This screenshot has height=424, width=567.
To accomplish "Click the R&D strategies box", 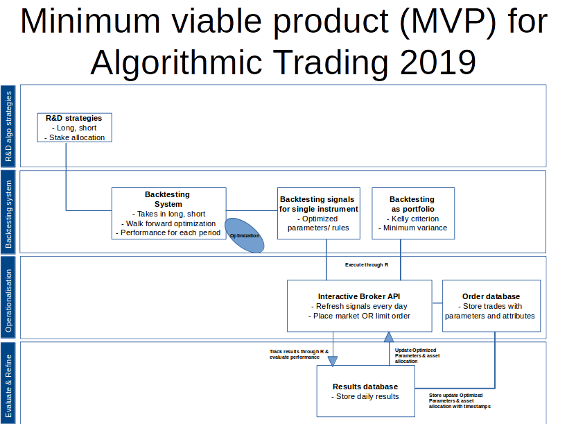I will click(74, 128).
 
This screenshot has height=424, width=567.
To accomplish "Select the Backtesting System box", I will click(168, 213).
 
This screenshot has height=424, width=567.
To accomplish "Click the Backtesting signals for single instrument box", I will click(318, 213).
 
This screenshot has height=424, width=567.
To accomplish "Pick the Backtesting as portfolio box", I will click(412, 213).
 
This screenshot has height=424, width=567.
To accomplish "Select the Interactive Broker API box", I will click(359, 305).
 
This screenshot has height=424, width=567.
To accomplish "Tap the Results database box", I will click(365, 391).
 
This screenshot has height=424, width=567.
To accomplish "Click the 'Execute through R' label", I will click(367, 265).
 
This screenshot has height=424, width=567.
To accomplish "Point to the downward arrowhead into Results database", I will click(333, 360).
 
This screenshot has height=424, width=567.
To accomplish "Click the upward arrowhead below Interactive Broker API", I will click(389, 337).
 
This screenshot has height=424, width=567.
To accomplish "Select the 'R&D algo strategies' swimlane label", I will click(9, 126).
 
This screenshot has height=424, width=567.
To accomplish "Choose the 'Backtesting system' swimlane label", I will click(9, 212).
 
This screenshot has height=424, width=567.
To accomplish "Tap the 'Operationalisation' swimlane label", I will click(9, 298).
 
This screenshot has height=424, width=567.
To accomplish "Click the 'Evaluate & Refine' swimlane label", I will click(9, 382).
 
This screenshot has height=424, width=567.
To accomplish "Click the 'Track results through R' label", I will click(299, 352).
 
